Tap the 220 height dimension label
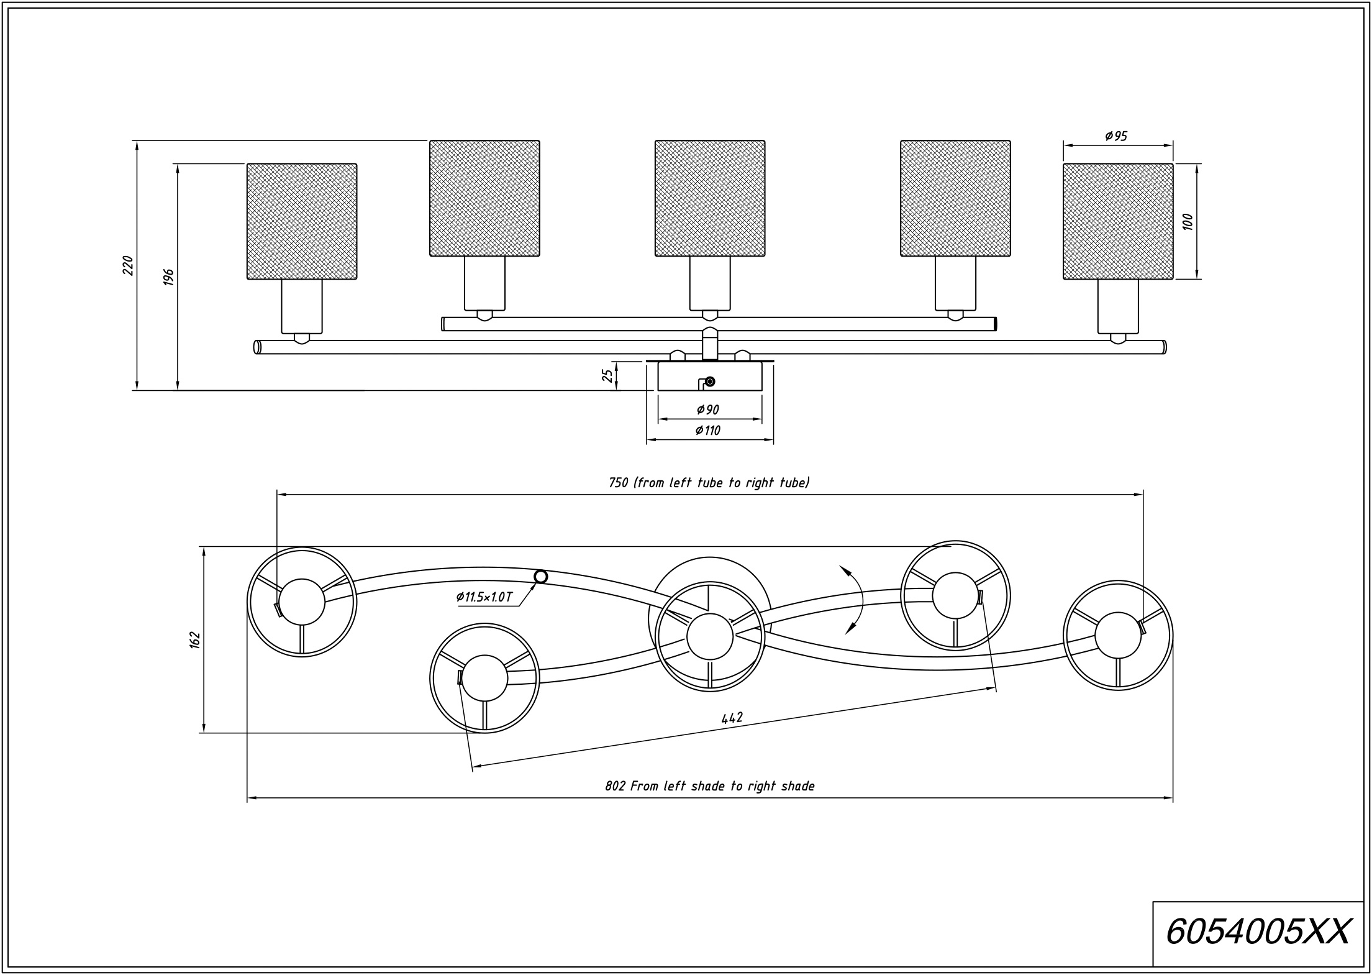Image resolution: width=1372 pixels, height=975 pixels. tap(128, 265)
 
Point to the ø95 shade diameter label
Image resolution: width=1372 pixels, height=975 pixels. tap(1116, 136)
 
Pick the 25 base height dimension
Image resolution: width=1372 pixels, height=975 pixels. tap(608, 376)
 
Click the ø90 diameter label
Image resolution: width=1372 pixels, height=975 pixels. tap(708, 410)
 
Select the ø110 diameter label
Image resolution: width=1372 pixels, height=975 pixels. tap(708, 430)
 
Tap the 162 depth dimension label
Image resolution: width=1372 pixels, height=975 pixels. tap(195, 639)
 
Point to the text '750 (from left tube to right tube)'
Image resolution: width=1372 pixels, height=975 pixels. tap(708, 483)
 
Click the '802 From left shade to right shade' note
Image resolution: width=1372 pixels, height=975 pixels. tap(709, 786)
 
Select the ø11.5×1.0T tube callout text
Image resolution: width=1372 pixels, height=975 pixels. tap(484, 597)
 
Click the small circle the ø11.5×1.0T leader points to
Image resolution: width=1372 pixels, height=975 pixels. tap(541, 577)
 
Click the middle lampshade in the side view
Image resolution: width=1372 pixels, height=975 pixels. tap(710, 198)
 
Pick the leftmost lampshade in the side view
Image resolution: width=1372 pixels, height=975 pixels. tap(302, 221)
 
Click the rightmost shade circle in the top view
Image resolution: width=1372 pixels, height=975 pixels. tap(1064, 635)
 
